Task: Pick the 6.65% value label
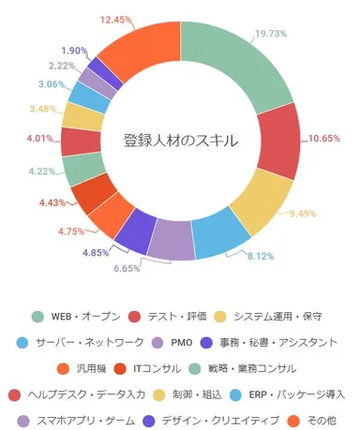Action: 140,269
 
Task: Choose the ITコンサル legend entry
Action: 156,368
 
